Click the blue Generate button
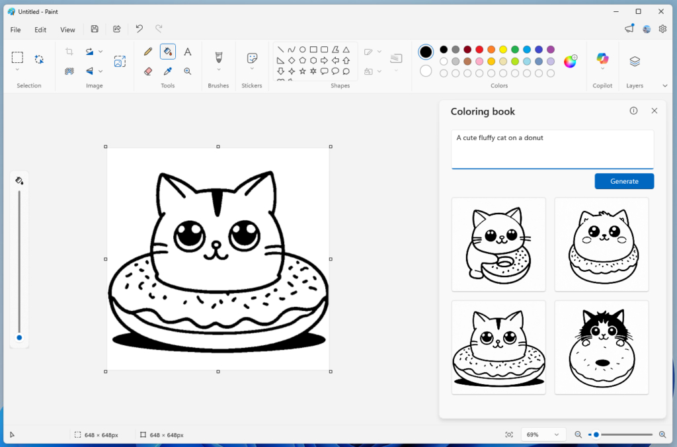[624, 181]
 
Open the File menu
[16, 30]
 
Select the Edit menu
[40, 30]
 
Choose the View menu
[67, 30]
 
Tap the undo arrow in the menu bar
[139, 29]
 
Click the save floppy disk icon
[95, 29]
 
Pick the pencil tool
[148, 52]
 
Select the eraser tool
[148, 71]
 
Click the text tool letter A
[188, 52]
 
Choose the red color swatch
[479, 50]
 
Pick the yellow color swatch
[503, 50]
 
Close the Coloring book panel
[655, 111]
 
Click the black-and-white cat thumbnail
[602, 347]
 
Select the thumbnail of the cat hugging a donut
[498, 244]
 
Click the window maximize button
[638, 11]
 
